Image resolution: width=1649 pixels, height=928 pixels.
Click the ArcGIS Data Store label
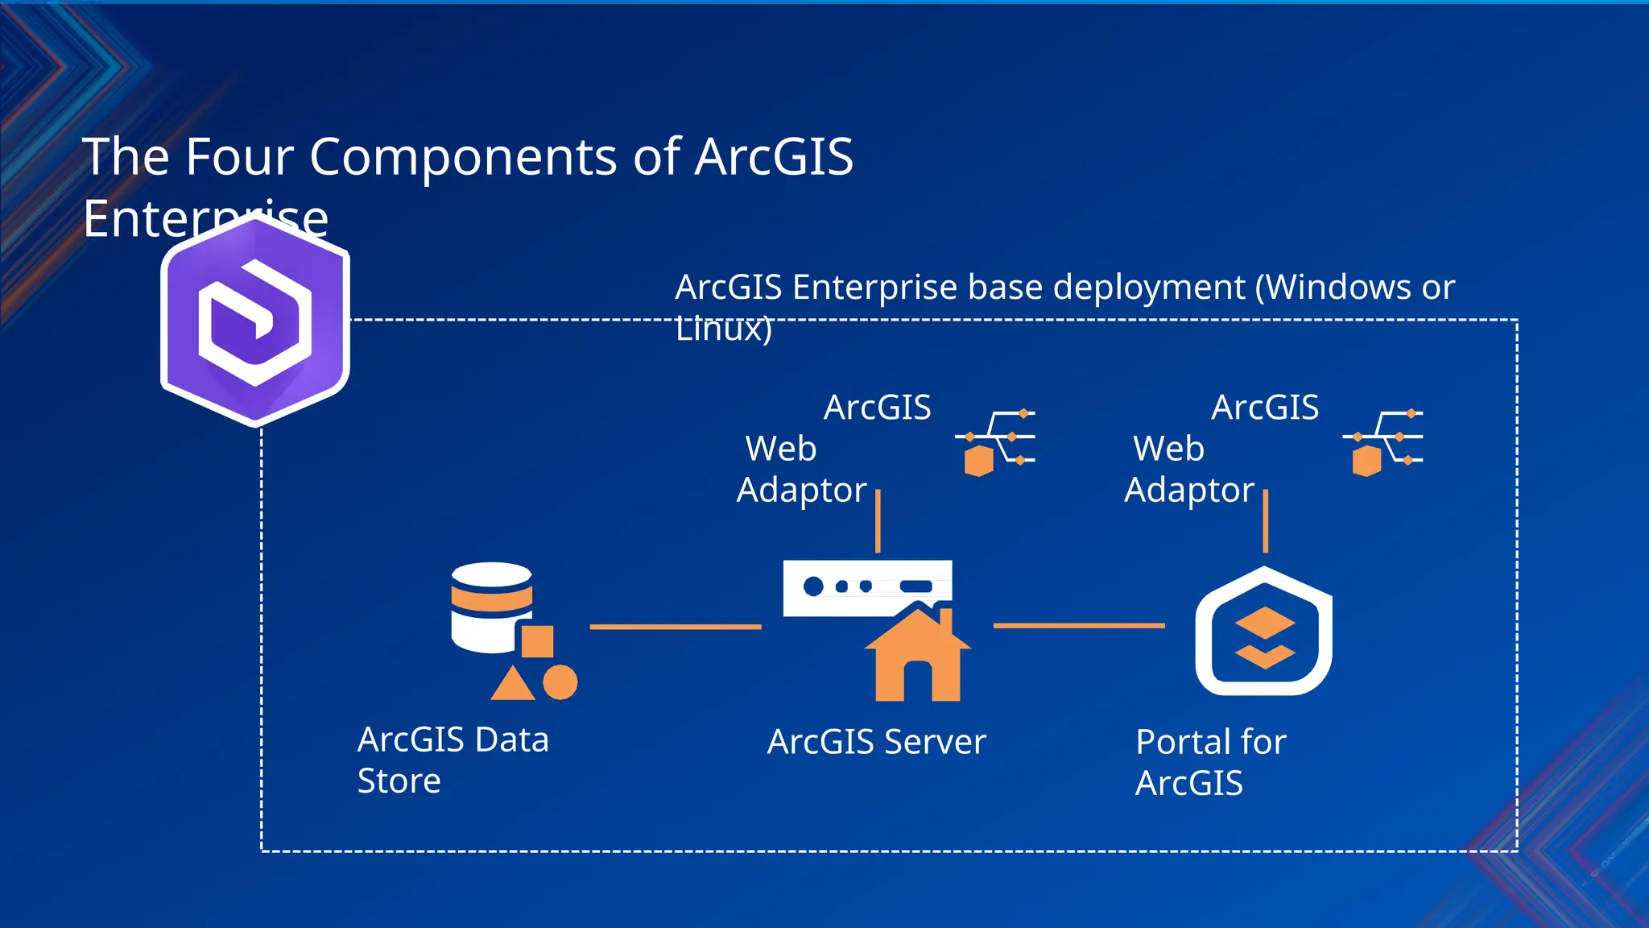(453, 760)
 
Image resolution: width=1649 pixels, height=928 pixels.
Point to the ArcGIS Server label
(876, 742)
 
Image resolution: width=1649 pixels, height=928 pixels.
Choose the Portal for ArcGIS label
(1210, 762)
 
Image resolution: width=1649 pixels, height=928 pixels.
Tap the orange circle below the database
(560, 682)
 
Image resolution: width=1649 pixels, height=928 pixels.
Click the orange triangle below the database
(513, 685)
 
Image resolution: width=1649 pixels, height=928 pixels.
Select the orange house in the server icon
(918, 657)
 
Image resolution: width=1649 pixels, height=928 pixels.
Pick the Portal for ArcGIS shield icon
(1264, 632)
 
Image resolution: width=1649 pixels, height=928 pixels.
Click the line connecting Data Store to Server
(675, 626)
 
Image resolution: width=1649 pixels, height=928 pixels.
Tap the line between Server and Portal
(1079, 625)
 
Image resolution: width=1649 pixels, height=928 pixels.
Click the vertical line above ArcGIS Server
(878, 520)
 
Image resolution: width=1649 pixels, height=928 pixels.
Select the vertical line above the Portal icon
(1266, 520)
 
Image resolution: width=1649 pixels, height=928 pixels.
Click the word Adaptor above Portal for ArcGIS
(1189, 490)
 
